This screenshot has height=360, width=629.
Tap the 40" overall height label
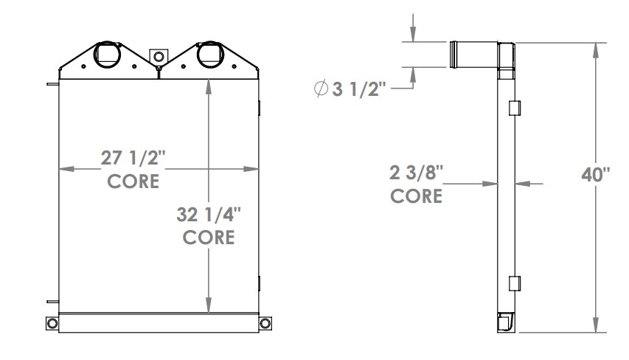pyautogui.click(x=597, y=176)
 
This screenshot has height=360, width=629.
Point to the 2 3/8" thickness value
pyautogui.click(x=416, y=174)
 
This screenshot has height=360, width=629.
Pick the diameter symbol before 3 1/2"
pyautogui.click(x=321, y=90)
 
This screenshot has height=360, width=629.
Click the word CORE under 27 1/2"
pyautogui.click(x=133, y=181)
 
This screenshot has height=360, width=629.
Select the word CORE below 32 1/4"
pyautogui.click(x=209, y=238)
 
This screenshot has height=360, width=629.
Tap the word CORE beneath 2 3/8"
pyautogui.click(x=416, y=196)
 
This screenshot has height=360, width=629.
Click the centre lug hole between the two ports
pyautogui.click(x=158, y=56)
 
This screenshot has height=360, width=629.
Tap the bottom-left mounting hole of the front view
pyautogui.click(x=52, y=324)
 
